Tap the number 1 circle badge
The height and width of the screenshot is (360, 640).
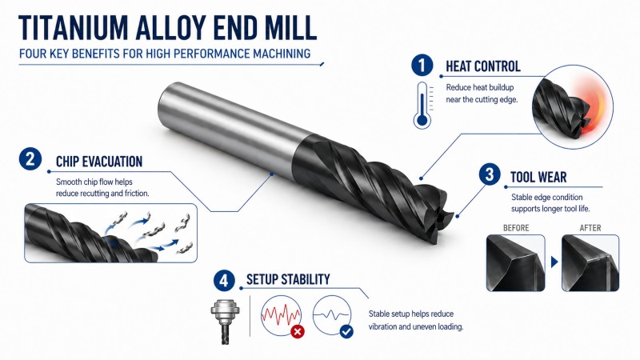coord(422,66)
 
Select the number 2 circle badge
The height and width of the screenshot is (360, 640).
coord(30,158)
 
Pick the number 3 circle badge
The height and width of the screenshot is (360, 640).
coord(490,174)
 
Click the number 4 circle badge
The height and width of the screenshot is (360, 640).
coord(224,281)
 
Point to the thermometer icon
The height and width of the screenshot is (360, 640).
coord(422,106)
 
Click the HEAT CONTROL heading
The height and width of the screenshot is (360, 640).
coord(483,66)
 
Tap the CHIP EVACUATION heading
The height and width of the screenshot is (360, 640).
coord(99,162)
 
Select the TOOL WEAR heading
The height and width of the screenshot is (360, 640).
coord(538,177)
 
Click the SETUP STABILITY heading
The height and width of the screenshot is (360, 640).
coord(288,279)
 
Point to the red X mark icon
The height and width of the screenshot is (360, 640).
coord(298,331)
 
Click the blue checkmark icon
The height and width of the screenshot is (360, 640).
coord(346,331)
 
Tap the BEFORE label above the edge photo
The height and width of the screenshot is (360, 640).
coord(516,228)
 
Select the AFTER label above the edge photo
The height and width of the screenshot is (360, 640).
coord(590,228)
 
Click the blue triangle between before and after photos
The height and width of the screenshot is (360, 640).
coord(554,262)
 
